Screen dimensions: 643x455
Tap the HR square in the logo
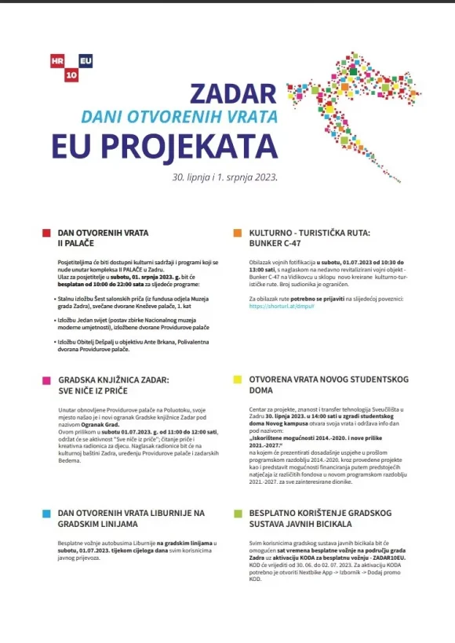click(x=57, y=60)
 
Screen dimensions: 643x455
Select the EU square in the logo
click(x=85, y=60)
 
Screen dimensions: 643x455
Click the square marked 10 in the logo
click(x=71, y=74)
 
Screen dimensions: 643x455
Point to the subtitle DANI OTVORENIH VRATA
click(x=180, y=118)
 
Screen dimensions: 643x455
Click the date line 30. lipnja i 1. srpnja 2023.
click(x=225, y=177)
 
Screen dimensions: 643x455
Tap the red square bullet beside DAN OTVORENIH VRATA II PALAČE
click(x=46, y=233)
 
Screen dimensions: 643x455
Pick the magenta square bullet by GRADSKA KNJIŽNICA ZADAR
click(x=46, y=380)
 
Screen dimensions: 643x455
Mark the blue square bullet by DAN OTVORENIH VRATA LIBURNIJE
click(x=46, y=513)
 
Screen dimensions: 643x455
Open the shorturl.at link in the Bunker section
click(x=271, y=307)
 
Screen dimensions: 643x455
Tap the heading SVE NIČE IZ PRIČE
click(x=93, y=391)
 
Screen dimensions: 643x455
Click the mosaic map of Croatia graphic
click(x=361, y=102)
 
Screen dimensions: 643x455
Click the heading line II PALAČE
click(x=75, y=244)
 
